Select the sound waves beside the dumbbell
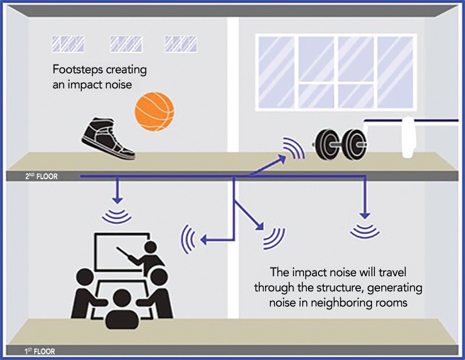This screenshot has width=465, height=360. pyautogui.click(x=294, y=149)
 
